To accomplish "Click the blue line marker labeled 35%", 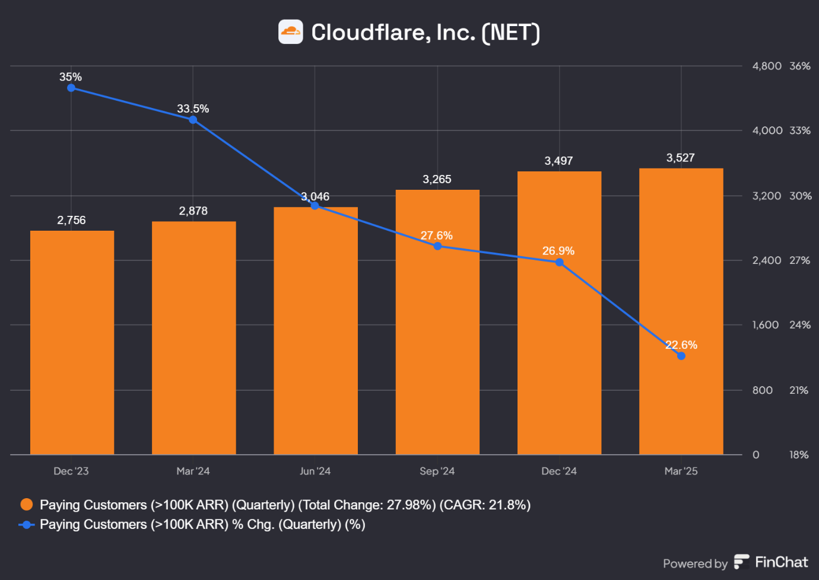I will (71, 88).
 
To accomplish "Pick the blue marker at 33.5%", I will (193, 120).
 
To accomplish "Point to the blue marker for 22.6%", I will (681, 356).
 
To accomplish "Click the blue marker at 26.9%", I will (560, 262).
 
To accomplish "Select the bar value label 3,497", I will (558, 161).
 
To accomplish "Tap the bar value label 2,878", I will (193, 211).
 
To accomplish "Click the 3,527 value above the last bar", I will (680, 158).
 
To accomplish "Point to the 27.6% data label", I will (436, 235).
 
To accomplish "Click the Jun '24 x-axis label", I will (315, 471).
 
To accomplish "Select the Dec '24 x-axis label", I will (558, 471).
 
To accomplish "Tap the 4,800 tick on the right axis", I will (766, 66).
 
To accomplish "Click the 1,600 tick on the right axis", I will (765, 325).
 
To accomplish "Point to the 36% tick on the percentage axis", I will (799, 66).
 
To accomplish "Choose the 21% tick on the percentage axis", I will (798, 390).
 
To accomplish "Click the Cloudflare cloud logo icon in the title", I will (291, 32).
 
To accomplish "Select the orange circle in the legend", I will (26, 505).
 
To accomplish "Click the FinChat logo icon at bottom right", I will (741, 562).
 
